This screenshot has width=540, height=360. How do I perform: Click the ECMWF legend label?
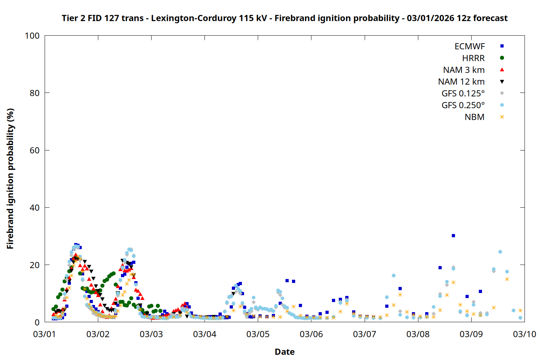[469, 46]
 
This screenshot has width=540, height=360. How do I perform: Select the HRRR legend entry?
[473, 58]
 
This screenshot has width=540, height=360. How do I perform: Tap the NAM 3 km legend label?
[464, 70]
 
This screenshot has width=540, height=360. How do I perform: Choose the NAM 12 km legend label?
[461, 82]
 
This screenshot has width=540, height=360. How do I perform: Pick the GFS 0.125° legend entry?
[463, 94]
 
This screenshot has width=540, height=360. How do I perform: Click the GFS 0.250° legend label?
[463, 105]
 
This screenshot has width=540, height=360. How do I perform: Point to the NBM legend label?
[474, 117]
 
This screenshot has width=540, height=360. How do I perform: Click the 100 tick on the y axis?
[32, 36]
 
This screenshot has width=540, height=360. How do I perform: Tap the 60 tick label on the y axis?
[35, 150]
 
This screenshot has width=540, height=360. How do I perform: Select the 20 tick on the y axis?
[35, 265]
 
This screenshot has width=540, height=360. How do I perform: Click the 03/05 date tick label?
[258, 334]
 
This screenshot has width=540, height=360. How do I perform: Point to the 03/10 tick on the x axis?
[524, 334]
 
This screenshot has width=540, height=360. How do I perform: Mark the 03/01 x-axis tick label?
[45, 334]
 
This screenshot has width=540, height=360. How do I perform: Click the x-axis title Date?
[284, 352]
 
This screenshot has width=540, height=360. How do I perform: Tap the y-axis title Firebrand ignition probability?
[10, 179]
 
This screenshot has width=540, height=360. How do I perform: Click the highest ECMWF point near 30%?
[453, 236]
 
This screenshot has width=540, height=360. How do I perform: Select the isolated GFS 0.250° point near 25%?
[500, 252]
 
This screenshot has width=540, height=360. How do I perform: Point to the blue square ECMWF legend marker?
[502, 46]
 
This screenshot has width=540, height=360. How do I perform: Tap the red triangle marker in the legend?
[502, 70]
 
